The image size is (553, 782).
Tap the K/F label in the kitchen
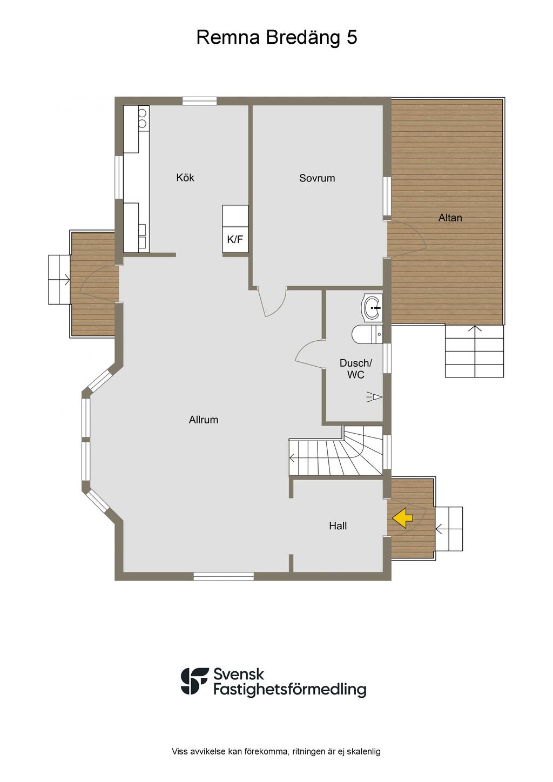point(235,239)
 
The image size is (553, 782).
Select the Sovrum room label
point(317,178)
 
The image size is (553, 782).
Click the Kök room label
point(185,177)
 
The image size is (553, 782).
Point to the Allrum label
point(204,420)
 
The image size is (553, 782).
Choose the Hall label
point(338,526)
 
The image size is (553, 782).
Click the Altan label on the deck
point(450,218)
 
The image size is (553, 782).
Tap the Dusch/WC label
point(356,369)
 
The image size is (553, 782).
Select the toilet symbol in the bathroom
point(367,334)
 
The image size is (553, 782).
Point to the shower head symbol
point(374,397)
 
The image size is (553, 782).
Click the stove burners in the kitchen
point(143,118)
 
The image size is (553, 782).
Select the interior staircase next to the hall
point(336,451)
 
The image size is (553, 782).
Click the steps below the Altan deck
point(474,351)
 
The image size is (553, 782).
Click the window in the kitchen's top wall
point(199,101)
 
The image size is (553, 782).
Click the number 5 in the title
point(352,37)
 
